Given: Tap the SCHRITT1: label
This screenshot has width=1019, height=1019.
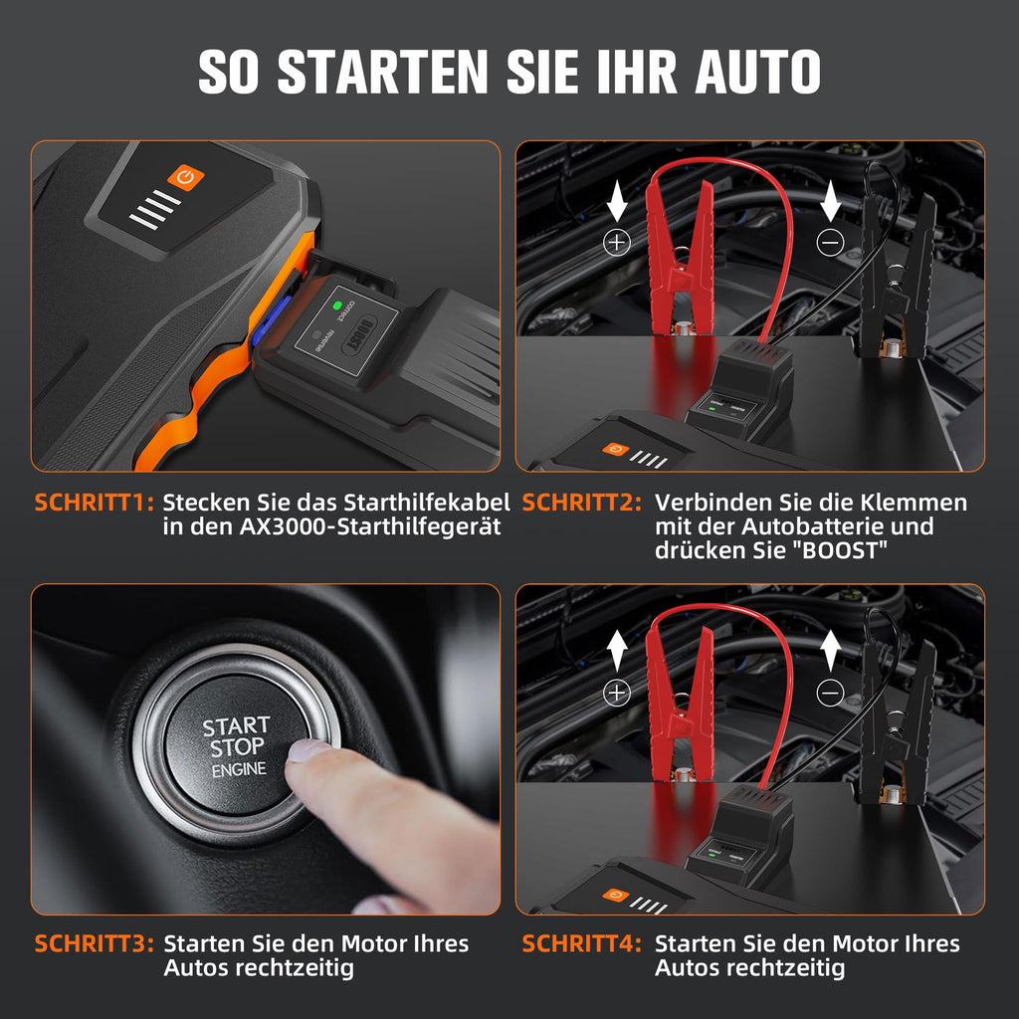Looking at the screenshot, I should coord(94,503).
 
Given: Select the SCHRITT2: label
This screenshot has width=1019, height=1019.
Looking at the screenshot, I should coord(582,503).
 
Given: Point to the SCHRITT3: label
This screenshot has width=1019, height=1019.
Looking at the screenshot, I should coord(94,943).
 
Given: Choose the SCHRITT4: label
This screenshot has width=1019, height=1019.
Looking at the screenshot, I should coord(582,943).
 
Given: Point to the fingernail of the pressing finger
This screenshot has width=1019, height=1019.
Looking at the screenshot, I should coord(306,749).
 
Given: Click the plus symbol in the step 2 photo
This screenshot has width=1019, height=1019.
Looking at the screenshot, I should coord(618,242).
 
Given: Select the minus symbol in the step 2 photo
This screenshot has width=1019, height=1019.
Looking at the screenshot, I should coord(831,242).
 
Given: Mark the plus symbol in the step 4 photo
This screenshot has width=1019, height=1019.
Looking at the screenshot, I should coord(618,693).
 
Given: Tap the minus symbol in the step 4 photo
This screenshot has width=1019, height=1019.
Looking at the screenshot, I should coord(831,693).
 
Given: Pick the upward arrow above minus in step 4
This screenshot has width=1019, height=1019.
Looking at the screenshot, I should coord(831,648).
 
